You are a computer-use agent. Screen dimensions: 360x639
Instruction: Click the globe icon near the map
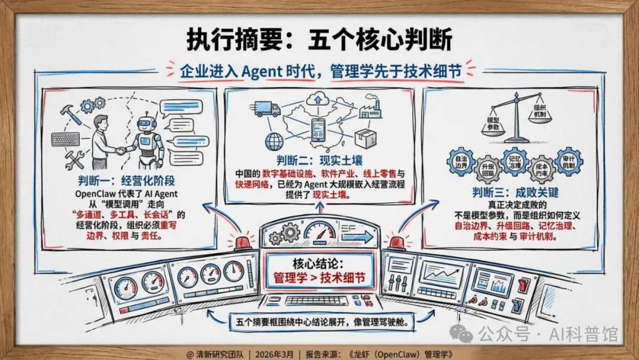click(275, 141)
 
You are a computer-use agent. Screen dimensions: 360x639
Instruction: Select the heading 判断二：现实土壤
click(318, 160)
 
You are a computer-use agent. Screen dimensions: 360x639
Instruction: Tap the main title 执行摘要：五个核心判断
click(319, 40)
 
